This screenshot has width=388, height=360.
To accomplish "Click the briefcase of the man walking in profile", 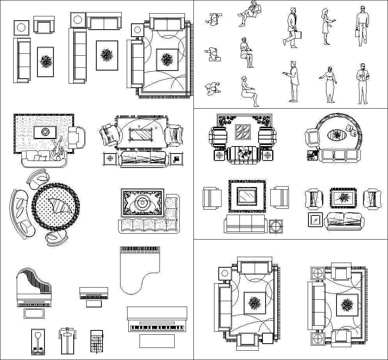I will pos(298,35).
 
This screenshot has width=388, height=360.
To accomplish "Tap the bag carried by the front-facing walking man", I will pos(357,33).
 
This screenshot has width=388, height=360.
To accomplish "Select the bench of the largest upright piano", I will pos(157,341).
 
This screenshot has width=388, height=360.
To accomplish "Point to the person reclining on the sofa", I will pos(57,152).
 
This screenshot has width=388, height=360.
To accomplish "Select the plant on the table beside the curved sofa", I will pos(312,155).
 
